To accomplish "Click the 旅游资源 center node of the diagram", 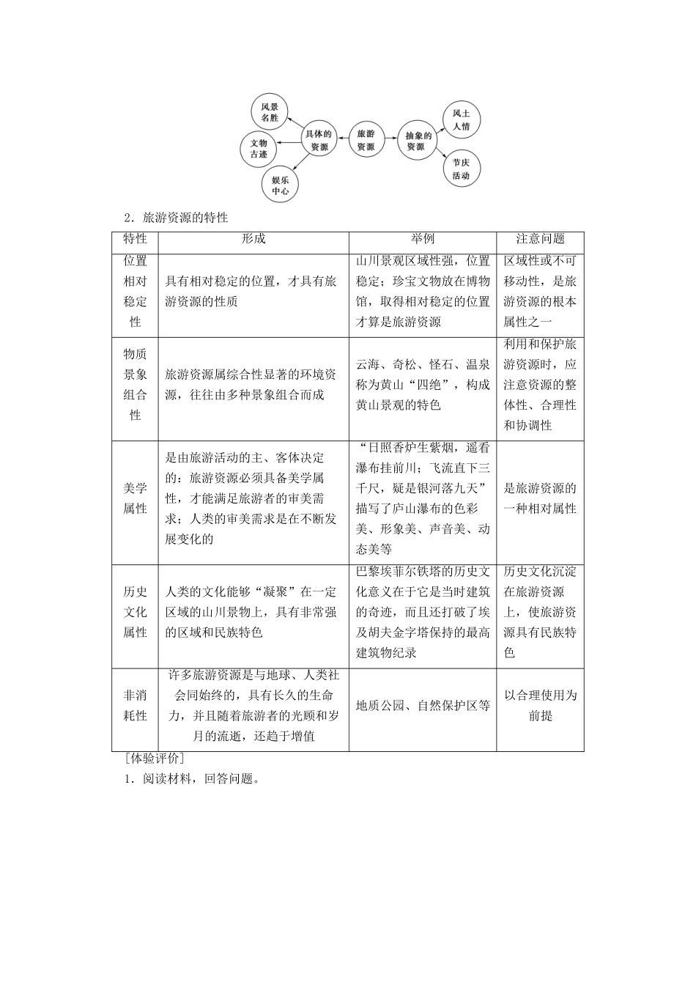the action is pos(365,139).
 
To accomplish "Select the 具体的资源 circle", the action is pos(318,139).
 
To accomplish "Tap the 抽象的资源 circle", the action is pos(415,139).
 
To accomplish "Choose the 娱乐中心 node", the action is pos(280,185).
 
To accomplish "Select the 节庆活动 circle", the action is pos(461,169).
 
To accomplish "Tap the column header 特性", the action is pos(135,239).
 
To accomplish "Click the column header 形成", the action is pos(253,239).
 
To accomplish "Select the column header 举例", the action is pos(423,239).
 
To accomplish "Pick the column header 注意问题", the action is pos(540,239).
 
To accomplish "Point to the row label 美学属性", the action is pos(135,498).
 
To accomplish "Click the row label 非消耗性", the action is pos(135,705).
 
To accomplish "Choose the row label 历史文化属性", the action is pos(135,612).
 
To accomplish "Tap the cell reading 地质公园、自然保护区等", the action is pos(423,706).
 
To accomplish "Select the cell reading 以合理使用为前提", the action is pos(540,705).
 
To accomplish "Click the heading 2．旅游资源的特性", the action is pos(177,218).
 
